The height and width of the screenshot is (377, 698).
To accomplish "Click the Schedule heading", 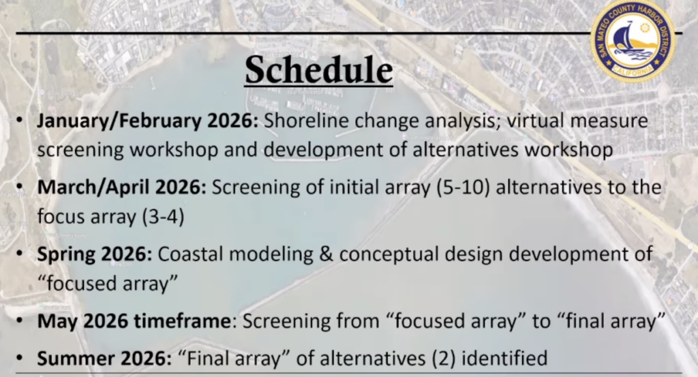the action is [319, 70].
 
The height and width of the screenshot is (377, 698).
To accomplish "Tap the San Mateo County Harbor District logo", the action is [633, 41].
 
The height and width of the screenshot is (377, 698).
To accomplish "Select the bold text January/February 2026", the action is [147, 121].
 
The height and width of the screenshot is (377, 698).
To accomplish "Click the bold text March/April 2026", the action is [121, 187].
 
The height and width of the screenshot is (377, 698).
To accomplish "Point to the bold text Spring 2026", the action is [95, 255].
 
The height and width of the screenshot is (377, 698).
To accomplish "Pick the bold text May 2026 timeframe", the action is [134, 321].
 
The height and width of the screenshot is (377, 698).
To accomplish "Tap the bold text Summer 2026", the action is [104, 359].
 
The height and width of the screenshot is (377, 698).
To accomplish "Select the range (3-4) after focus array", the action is [163, 217].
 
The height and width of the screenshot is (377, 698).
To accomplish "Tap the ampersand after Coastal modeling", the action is [327, 255].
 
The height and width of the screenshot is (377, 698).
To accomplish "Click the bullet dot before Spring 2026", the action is [20, 253].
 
